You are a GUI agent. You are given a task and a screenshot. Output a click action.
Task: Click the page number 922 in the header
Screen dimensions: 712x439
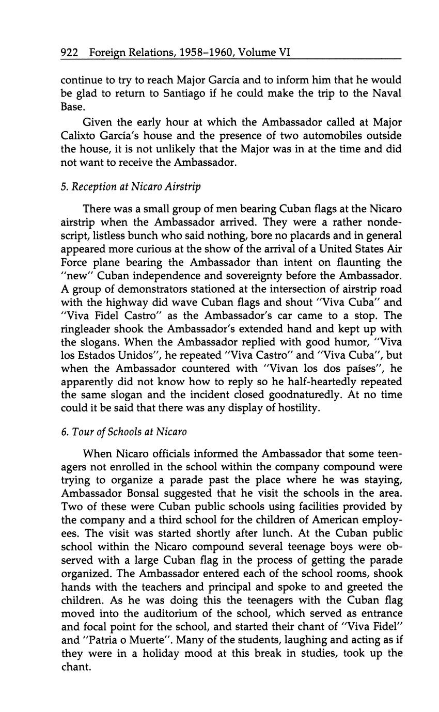[69, 52]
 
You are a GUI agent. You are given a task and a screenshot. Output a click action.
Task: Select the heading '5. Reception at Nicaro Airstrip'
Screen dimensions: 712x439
[131, 186]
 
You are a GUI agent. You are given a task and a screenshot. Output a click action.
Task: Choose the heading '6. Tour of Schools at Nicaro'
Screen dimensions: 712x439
[123, 432]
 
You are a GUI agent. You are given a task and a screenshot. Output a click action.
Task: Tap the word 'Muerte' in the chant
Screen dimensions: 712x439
[152, 640]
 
